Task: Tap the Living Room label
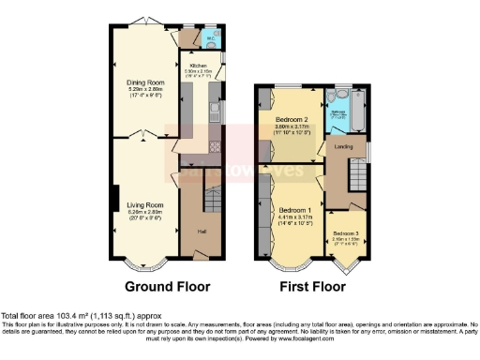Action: tap(145, 204)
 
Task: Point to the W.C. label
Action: tap(212, 39)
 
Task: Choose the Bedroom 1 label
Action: tap(294, 207)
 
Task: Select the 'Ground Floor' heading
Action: tap(167, 287)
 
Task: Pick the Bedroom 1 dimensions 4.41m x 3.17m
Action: tap(294, 215)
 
